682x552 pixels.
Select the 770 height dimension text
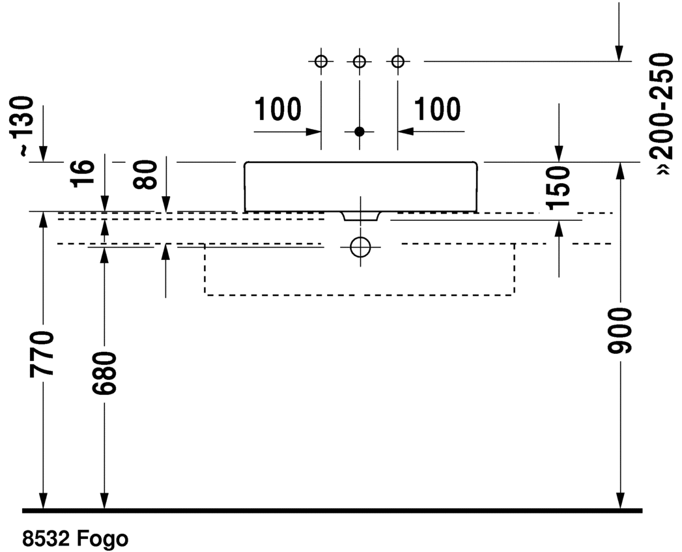pos(43,354)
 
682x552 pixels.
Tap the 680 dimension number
pos(104,373)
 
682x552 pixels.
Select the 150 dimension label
pos(559,188)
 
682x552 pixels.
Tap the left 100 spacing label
pos(277,109)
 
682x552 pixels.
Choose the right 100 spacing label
pos(436,109)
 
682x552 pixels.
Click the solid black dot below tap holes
pos(359,132)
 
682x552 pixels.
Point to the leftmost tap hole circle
pos(320,62)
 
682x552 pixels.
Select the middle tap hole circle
pos(359,62)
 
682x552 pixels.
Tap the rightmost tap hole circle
pos(397,62)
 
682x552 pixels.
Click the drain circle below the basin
pos(360,246)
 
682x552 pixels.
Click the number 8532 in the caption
pos(47,539)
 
